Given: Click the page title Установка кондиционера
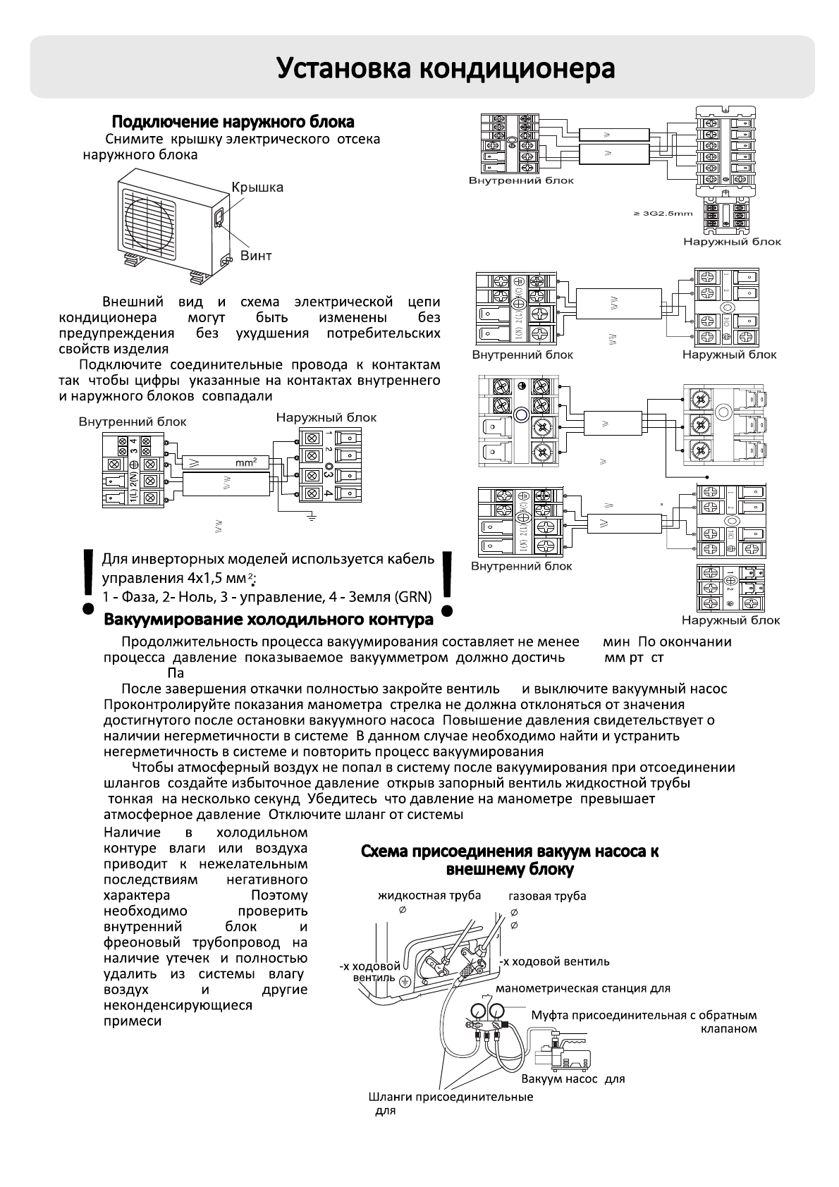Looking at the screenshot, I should tap(445, 69).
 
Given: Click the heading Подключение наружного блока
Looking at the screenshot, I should tap(233, 122).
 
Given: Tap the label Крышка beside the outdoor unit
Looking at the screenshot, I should tap(257, 187).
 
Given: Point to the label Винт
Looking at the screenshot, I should tap(255, 255).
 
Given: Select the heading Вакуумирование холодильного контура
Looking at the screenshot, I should tap(269, 620).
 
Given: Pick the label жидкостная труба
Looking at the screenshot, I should tap(429, 895).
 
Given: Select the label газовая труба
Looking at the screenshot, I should tap(547, 896).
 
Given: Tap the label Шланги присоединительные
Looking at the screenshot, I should tap(451, 1097).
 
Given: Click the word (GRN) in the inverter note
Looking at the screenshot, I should tap(413, 597).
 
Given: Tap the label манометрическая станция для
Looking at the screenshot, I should tap(583, 988).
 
